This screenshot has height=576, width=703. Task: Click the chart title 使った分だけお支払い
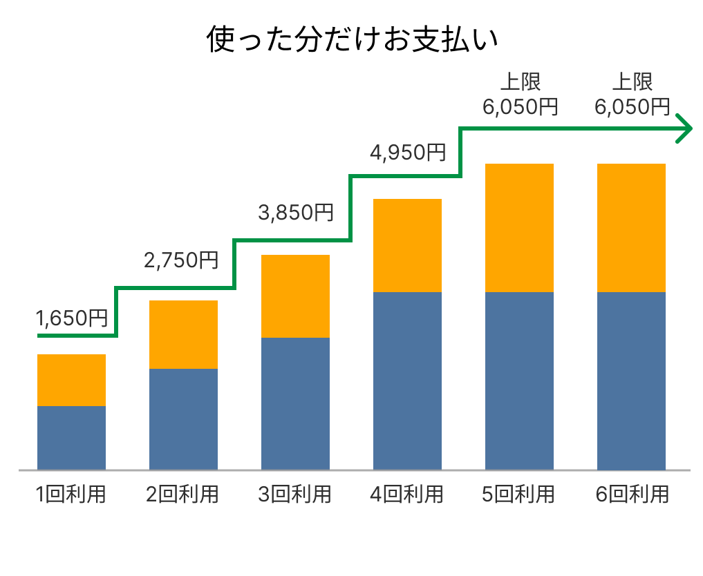(353, 40)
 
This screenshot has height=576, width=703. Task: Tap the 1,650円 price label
(72, 318)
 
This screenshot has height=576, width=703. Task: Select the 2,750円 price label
(181, 260)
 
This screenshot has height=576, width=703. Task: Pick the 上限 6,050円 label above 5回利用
(520, 95)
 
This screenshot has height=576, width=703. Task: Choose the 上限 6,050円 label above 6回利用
(632, 95)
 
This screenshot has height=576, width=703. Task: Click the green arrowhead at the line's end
(684, 128)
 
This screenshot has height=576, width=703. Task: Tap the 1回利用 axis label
(71, 495)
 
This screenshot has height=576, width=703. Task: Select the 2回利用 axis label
(182, 495)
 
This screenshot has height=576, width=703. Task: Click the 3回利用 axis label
(294, 495)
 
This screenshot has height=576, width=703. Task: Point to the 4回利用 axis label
(406, 495)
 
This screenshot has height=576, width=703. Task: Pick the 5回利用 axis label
(518, 495)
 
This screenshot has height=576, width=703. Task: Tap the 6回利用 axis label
(631, 495)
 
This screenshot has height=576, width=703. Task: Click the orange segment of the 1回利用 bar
(71, 380)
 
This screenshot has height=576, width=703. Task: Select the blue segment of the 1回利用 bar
(71, 438)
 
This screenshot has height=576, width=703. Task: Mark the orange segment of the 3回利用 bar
(295, 296)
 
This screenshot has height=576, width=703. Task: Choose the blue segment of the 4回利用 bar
(407, 381)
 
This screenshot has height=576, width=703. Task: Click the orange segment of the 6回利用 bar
(631, 228)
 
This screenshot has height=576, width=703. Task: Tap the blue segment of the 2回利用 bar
(183, 419)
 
